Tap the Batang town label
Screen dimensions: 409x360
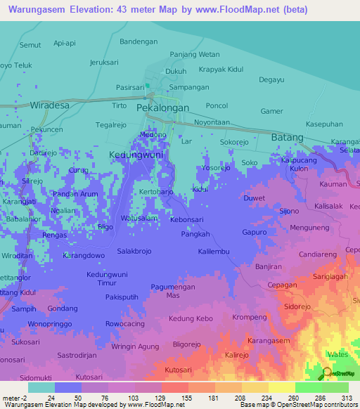click(287, 138)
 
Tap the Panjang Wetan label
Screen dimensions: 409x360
click(195, 54)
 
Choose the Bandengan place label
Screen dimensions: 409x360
click(139, 41)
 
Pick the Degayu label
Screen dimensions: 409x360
click(271, 80)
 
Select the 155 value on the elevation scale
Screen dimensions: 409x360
click(188, 397)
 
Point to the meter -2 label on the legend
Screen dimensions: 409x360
click(14, 397)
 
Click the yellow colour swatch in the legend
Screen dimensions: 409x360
click(281, 387)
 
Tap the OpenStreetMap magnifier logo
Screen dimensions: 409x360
click(327, 372)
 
